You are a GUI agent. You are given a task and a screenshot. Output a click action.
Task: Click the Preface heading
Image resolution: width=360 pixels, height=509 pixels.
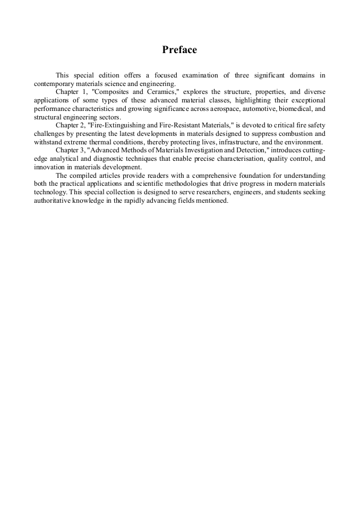[179, 50]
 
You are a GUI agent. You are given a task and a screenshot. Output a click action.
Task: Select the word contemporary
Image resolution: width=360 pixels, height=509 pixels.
[54, 83]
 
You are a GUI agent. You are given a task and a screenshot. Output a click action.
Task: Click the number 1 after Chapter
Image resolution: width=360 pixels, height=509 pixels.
[84, 92]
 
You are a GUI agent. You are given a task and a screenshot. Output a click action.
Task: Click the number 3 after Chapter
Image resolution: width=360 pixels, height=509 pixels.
[84, 150]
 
